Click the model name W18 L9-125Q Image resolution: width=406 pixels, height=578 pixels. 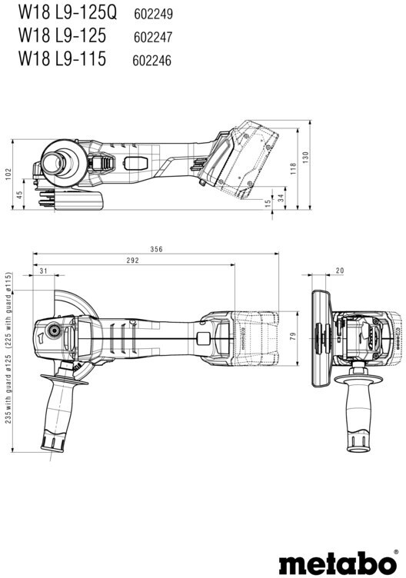tap(68, 12)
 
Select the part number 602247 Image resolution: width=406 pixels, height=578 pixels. tap(153, 37)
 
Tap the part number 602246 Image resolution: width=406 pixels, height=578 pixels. tap(152, 61)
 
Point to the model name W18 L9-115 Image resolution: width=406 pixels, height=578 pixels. tap(62, 58)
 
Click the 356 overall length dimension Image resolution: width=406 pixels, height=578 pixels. tap(156, 249)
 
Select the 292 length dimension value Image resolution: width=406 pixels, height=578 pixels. tap(133, 261)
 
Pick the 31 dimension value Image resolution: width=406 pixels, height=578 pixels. tap(44, 271)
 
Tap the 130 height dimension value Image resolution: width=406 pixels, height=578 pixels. tap(306, 158)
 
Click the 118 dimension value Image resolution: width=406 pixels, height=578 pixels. tap(293, 168)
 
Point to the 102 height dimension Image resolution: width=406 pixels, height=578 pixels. tap(8, 174)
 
